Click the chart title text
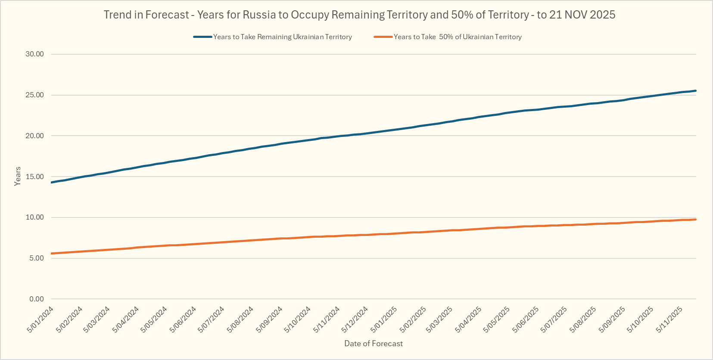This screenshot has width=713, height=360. pos(359,15)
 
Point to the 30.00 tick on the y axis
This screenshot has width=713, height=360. pos(34,54)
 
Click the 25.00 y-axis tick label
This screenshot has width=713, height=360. pos(34,95)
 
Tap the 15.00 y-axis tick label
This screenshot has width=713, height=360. pos(34,177)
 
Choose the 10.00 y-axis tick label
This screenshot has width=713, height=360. pos(34,217)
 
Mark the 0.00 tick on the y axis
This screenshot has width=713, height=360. pos(36,299)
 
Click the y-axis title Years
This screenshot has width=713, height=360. pos(17,176)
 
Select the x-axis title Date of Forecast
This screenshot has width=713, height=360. pos(374,344)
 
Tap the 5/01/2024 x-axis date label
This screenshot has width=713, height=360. pos(40,319)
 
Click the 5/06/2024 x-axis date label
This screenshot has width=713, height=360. pos(183,319)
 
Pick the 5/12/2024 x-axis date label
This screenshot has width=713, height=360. pos(355,319)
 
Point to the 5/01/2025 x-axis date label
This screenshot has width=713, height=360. pos(384,319)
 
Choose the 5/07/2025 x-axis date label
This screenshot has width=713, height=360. pos(554,319)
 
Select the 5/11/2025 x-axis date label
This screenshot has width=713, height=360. pos(669,319)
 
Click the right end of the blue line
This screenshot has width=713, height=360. pos(695,91)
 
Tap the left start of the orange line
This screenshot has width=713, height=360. pos(52,254)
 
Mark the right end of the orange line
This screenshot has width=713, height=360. pos(695,220)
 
